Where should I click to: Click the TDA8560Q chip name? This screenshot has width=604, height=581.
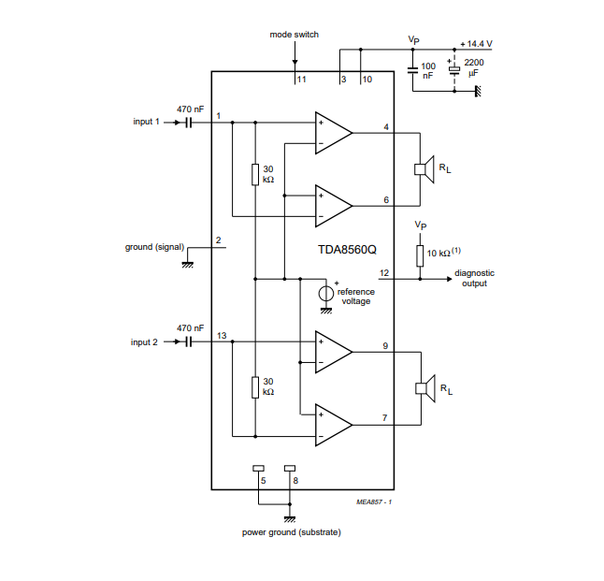pos(346,251)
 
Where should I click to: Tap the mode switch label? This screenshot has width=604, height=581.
pos(295,35)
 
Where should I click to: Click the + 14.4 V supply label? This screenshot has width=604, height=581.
pos(476,44)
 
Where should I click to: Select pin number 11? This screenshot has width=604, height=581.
pos(301,80)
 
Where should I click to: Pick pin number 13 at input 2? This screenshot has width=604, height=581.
pos(222,335)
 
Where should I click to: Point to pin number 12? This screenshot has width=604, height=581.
pos(384,272)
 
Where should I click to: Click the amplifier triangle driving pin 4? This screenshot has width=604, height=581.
pos(333,133)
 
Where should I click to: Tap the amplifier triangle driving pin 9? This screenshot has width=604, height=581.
pos(333,354)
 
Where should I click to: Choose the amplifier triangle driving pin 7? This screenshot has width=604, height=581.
pos(333,424)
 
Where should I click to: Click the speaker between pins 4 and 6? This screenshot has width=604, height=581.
pos(423,169)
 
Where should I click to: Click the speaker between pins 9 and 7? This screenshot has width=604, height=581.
pos(423,388)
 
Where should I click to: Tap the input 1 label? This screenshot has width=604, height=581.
pos(147,122)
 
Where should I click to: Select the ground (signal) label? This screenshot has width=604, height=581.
pos(153,248)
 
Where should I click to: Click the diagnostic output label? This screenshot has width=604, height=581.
pos(475,278)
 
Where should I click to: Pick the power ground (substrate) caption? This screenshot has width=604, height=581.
pos(291,532)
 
